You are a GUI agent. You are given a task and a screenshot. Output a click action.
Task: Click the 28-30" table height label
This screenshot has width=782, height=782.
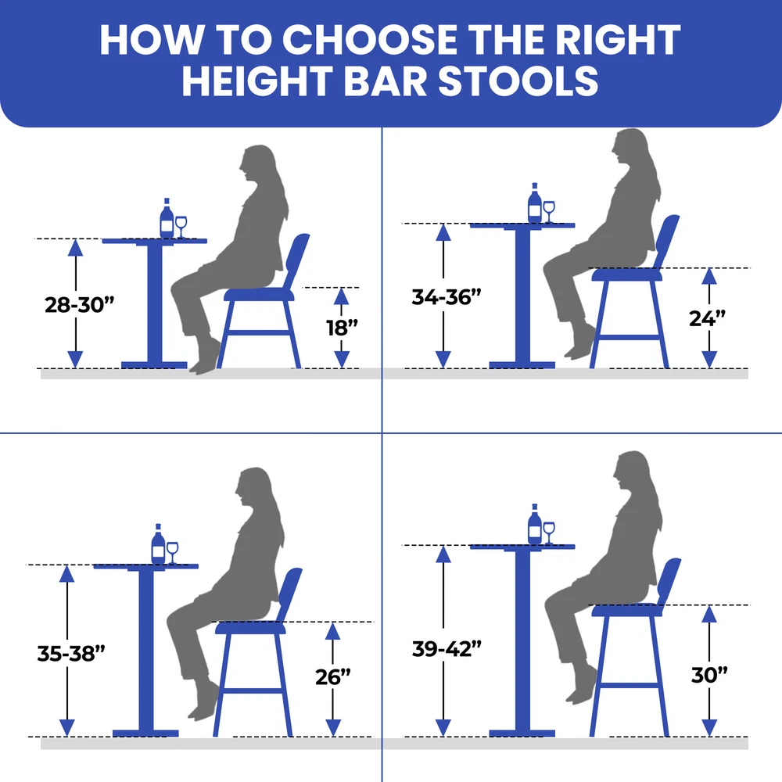[79, 305]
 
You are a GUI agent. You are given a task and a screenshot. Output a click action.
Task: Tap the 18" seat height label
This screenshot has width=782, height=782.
[343, 328]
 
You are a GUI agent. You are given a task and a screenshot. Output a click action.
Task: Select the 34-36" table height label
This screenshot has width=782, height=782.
[447, 296]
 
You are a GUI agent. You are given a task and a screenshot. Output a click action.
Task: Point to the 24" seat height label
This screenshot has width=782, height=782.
[707, 318]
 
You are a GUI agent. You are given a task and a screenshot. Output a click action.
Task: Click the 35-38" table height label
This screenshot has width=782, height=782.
[71, 653]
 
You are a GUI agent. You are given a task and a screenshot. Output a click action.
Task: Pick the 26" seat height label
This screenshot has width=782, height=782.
[333, 676]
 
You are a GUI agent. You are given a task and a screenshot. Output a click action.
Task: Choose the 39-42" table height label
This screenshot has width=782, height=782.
[447, 649]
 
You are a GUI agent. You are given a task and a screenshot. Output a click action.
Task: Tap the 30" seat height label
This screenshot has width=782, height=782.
[709, 675]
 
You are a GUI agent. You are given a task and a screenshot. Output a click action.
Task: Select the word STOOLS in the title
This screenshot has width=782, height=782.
[518, 81]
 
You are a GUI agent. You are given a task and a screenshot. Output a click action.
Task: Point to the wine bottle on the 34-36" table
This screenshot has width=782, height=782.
[535, 203]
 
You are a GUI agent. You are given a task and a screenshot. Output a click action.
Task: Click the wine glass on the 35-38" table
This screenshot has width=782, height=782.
[172, 553]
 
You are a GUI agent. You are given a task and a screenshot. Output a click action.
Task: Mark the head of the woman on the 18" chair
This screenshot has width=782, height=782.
[256, 164]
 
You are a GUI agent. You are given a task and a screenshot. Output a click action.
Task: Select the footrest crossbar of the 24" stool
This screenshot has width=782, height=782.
[629, 337]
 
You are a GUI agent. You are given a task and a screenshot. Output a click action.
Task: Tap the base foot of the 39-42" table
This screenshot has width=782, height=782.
[522, 734]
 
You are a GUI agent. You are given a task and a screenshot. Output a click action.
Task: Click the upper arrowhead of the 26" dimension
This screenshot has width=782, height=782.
[332, 631]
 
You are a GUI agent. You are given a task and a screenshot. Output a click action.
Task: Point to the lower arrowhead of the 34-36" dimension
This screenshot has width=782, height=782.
[443, 359]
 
